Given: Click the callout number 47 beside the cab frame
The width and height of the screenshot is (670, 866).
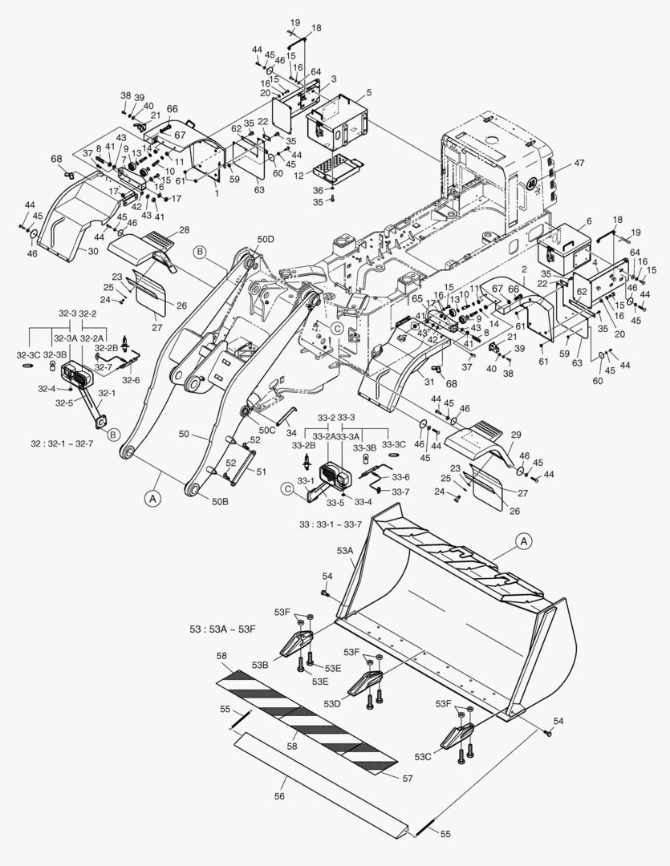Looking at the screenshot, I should pyautogui.click(x=579, y=163).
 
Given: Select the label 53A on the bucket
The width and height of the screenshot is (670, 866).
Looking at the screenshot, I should pyautogui.click(x=345, y=551).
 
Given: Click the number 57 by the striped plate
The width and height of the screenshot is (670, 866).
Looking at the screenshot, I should pyautogui.click(x=407, y=779).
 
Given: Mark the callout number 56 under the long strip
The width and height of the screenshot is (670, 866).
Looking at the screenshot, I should pyautogui.click(x=279, y=796).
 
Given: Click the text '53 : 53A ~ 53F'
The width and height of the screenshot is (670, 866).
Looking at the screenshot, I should pyautogui.click(x=220, y=627).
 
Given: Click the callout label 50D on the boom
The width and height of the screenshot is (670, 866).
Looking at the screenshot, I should pyautogui.click(x=265, y=240).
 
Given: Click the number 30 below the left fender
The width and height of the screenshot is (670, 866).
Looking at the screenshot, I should pyautogui.click(x=93, y=251).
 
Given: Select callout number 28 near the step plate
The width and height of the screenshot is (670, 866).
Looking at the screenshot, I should pyautogui.click(x=185, y=230).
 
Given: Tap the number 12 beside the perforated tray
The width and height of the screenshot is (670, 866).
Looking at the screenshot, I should pyautogui.click(x=298, y=176).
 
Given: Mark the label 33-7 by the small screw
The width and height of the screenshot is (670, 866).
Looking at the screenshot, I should pyautogui.click(x=400, y=491).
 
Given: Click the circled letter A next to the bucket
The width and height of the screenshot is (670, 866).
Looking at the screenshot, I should pyautogui.click(x=523, y=541).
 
